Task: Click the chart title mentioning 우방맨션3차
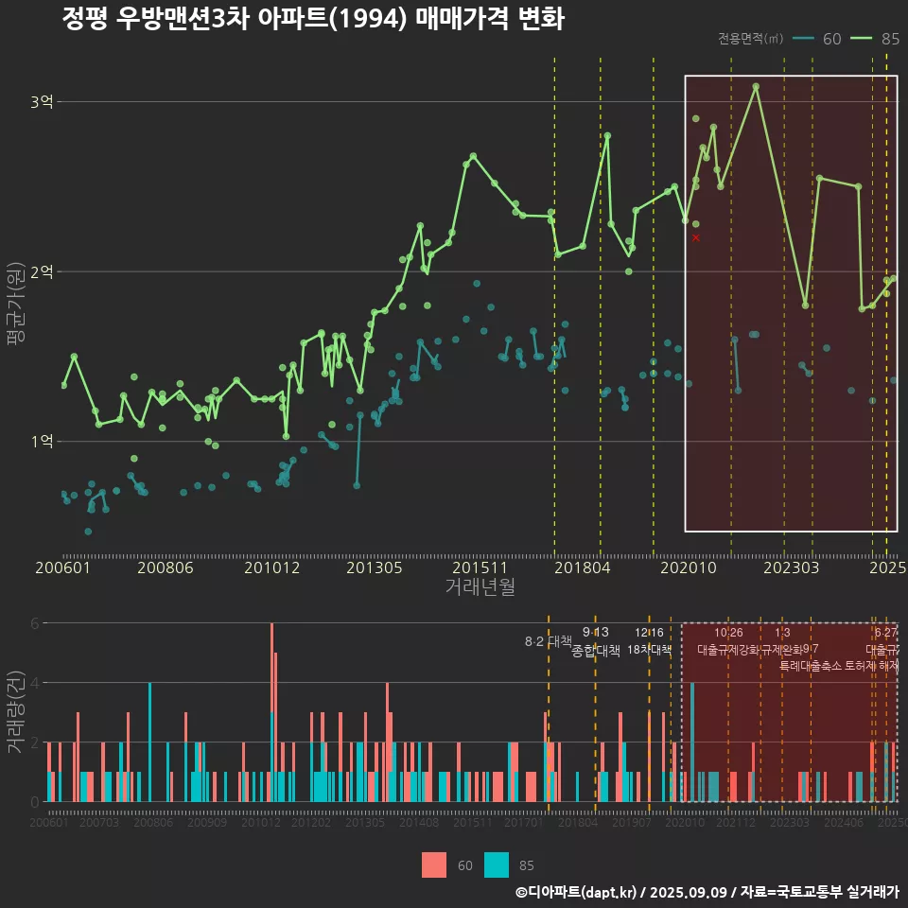click(312, 19)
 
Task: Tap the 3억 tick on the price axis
click(42, 101)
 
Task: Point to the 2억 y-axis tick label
click(42, 271)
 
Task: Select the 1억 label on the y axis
click(42, 442)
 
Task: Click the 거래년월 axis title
click(480, 587)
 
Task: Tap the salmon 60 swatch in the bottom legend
click(434, 864)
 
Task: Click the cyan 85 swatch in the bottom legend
click(496, 864)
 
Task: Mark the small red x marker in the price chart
click(696, 237)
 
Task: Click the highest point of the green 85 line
click(756, 86)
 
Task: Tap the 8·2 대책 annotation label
click(549, 641)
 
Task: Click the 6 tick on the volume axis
click(35, 623)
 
